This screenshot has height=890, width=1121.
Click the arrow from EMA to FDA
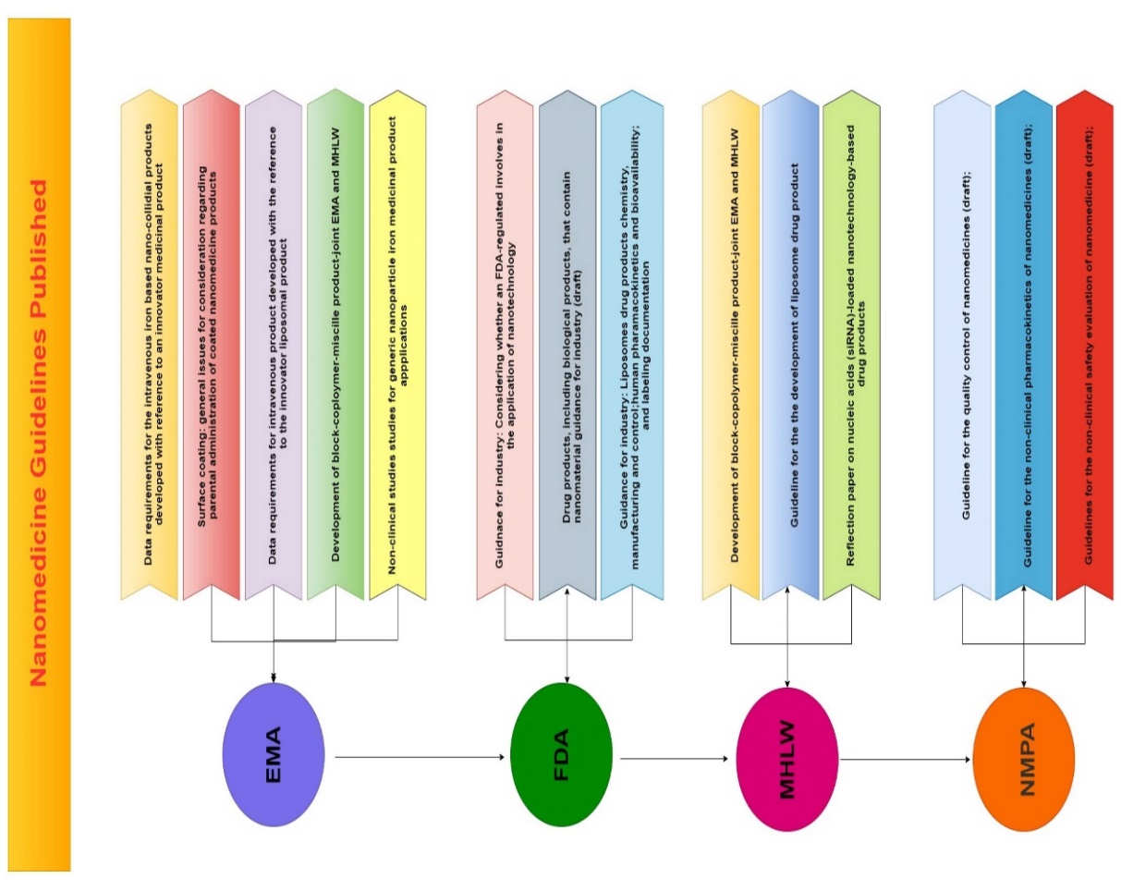420,757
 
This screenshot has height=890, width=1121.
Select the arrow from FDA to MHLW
674,760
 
